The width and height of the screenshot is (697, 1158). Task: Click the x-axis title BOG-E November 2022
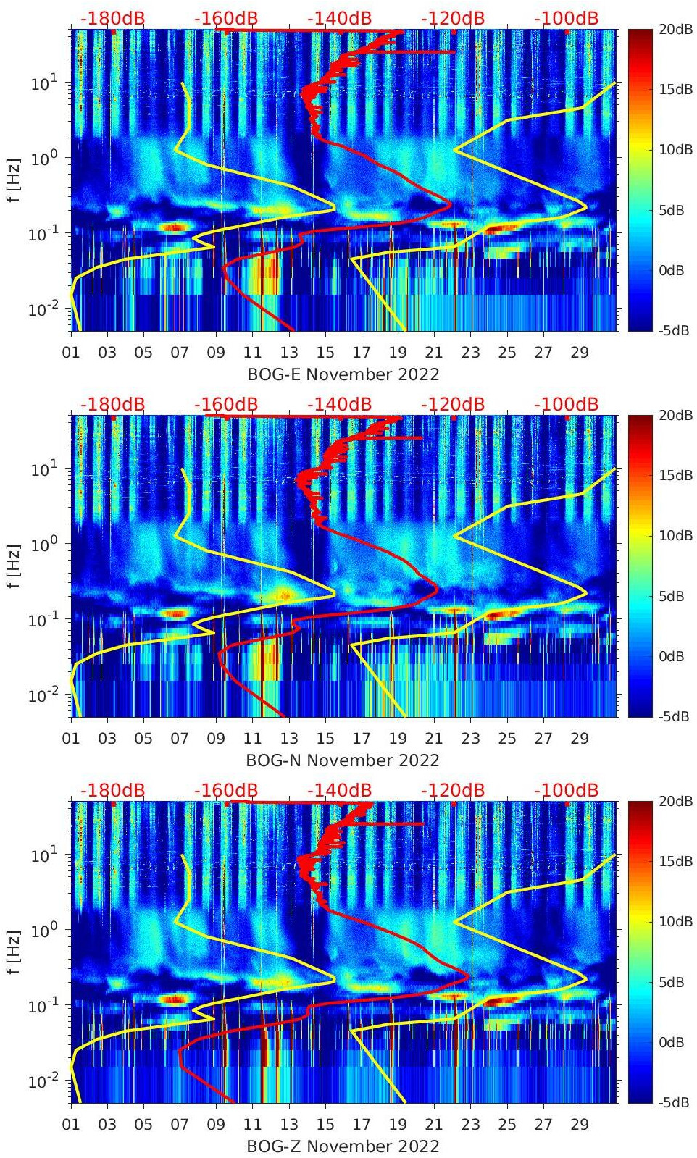point(343,374)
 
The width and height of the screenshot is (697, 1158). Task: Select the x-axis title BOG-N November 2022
point(343,760)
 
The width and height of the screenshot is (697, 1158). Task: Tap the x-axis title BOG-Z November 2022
point(343,1146)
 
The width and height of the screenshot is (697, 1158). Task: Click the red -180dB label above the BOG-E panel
point(112,18)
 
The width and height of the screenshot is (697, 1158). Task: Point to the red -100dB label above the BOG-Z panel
point(566,790)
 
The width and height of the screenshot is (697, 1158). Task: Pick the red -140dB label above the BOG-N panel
point(339,404)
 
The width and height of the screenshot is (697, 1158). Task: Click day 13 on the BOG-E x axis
point(289,353)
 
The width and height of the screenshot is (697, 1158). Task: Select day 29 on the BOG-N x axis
point(580,739)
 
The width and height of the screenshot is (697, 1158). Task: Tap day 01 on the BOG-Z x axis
point(71,1125)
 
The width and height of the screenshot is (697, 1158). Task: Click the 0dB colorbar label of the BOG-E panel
point(672,271)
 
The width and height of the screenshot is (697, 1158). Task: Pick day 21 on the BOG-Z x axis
point(434,1125)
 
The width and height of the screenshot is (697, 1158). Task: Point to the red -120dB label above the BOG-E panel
point(452,18)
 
